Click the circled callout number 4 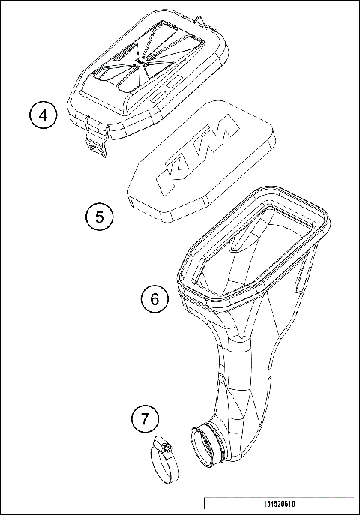coord(43,116)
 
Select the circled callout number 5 coord(98,217)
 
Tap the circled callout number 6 coord(154,299)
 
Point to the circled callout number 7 coord(145,419)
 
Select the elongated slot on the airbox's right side coord(301,281)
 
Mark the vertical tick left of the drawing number coord(204,504)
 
